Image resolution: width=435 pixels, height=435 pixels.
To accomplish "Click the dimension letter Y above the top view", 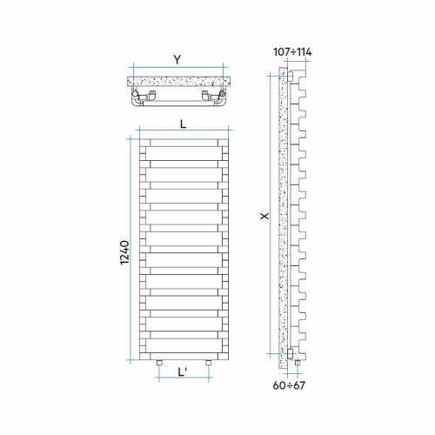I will coord(177,59).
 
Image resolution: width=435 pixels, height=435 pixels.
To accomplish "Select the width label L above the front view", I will coord(182,124).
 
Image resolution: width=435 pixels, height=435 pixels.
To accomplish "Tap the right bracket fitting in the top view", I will coord(210,97).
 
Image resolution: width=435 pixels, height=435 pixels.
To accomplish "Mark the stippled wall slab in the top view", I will coord(177,83).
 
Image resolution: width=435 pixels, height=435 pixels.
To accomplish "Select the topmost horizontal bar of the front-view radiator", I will coord(182,143).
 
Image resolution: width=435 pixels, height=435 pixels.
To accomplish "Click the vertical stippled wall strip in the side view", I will coord(281,217).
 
